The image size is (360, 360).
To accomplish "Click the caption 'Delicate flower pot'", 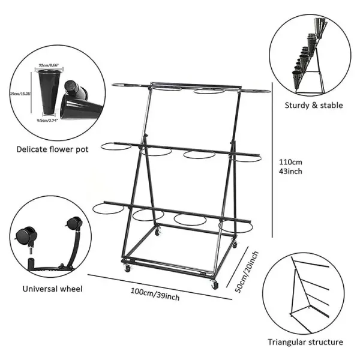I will (x=52, y=149).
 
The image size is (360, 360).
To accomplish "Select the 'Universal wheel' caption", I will (x=53, y=289).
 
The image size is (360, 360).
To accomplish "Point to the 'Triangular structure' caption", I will (x=305, y=343).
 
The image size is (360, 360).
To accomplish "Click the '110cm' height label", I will (x=290, y=161).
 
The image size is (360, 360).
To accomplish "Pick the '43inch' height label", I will (x=290, y=172).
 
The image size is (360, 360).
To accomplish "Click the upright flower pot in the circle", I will (x=48, y=89).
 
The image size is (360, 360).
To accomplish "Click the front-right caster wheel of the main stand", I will (x=215, y=286).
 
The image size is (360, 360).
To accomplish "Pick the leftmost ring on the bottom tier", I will (x=108, y=208).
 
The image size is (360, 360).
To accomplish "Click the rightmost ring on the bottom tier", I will (x=235, y=226).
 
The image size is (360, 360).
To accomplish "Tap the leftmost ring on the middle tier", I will (x=116, y=146).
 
